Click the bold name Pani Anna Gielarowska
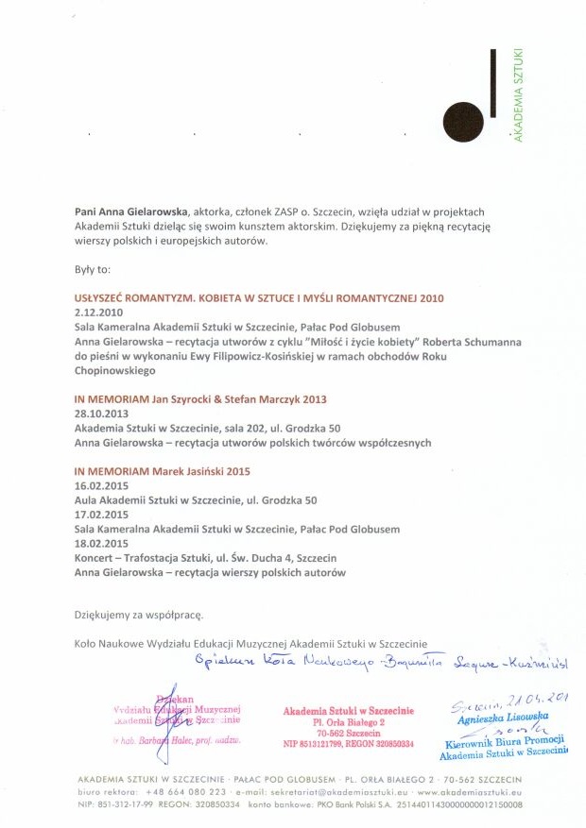click(132, 212)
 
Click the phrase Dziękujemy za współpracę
click(139, 615)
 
